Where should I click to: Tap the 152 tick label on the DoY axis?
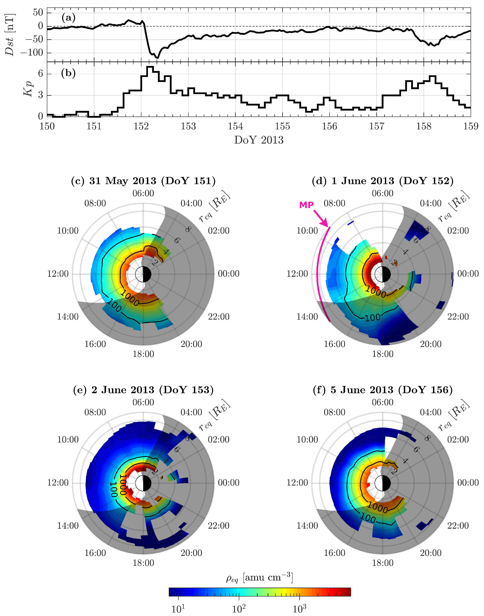click(141, 126)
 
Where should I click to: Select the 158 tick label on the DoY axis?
click(424, 126)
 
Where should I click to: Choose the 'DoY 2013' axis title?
click(259, 140)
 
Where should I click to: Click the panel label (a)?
click(68, 18)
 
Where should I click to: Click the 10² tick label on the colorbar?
click(239, 609)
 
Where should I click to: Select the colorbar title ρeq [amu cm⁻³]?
click(259, 578)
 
